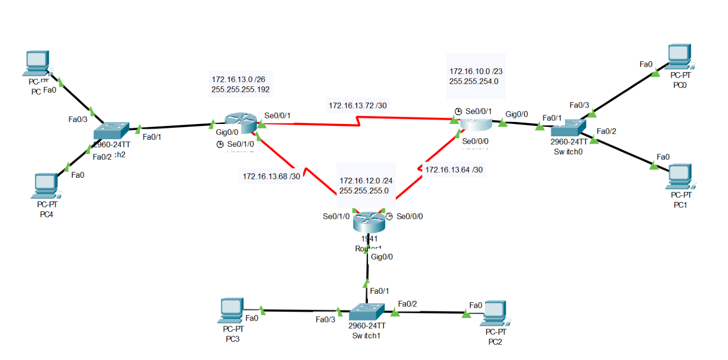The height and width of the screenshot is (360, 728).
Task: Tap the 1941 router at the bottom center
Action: click(x=369, y=223)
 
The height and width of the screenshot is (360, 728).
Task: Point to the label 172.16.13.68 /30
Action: click(x=271, y=176)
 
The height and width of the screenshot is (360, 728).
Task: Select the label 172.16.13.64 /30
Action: click(x=454, y=169)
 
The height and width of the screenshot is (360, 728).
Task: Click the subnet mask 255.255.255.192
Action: click(x=240, y=89)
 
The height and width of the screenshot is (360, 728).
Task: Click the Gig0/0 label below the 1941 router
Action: click(x=382, y=256)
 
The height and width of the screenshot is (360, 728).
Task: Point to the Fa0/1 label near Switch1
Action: click(x=379, y=291)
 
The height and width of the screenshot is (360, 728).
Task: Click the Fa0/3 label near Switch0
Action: click(x=579, y=105)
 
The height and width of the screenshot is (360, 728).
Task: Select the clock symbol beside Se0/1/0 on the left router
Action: click(x=220, y=144)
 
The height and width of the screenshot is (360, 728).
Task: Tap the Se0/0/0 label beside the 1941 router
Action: click(x=410, y=216)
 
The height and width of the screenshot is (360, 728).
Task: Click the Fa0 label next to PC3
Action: click(x=252, y=318)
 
